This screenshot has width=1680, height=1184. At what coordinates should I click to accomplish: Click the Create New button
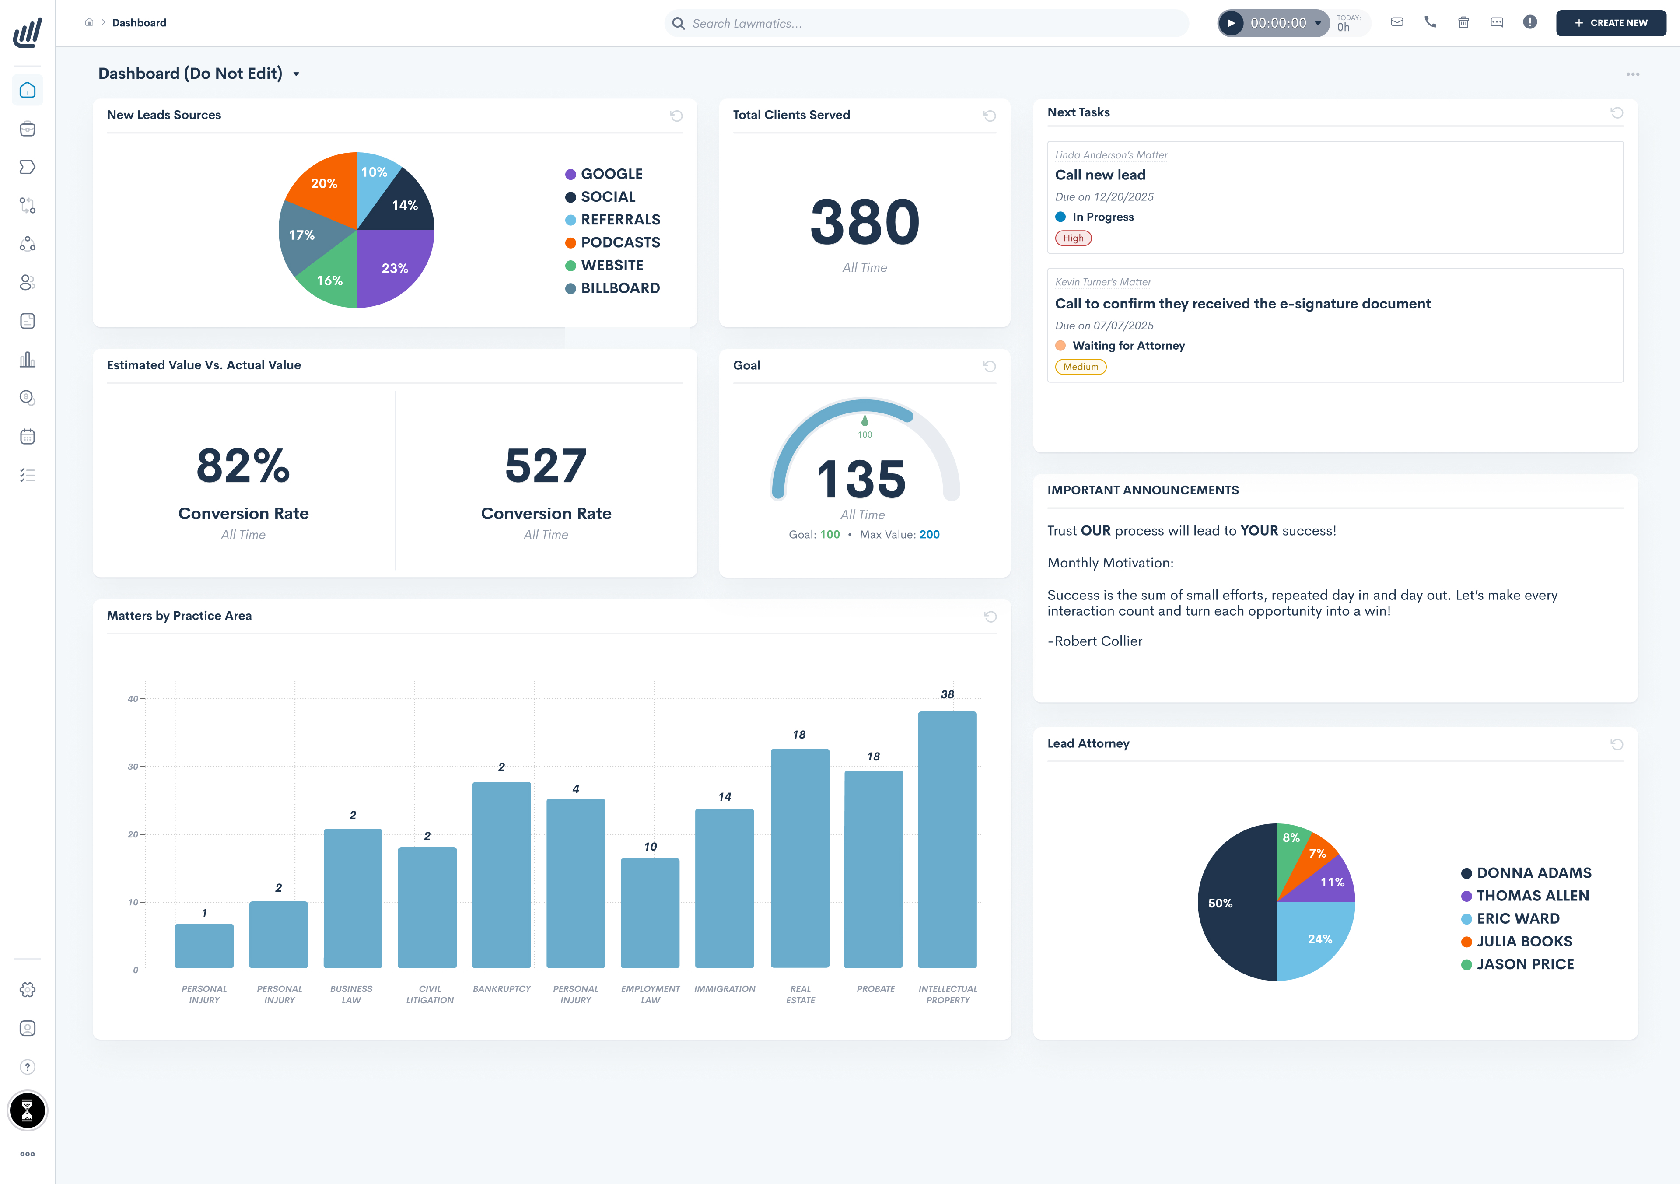[x=1610, y=23]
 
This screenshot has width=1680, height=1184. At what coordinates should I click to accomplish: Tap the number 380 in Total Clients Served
[x=864, y=222]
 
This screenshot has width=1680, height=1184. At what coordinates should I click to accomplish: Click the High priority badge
[x=1073, y=238]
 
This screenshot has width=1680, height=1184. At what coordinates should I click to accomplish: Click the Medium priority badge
[x=1080, y=367]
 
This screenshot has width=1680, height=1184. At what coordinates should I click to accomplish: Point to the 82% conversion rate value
[x=243, y=466]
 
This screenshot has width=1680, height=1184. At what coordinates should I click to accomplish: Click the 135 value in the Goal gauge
[x=861, y=479]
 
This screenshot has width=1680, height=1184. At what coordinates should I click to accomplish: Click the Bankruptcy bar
[x=501, y=875]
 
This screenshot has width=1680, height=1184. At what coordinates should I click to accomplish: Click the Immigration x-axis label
[x=724, y=988]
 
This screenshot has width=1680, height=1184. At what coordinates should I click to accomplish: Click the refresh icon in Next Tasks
[x=1616, y=113]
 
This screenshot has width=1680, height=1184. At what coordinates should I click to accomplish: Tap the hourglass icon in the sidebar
[x=27, y=1110]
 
